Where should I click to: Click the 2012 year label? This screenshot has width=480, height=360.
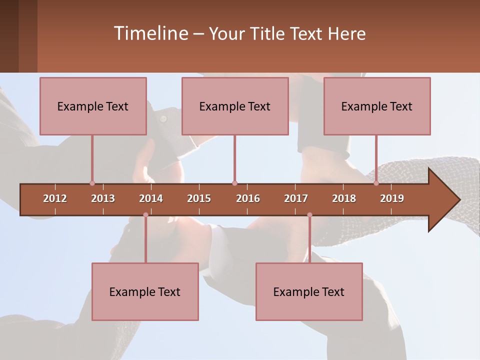coord(55,198)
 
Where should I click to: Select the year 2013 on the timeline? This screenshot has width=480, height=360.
coord(103,198)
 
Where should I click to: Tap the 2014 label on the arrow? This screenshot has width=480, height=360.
coord(151,198)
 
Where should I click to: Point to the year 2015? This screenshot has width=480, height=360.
coord(199,198)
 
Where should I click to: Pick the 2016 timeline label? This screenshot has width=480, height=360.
coord(248,198)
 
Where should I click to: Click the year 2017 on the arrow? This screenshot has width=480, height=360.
coord(296,198)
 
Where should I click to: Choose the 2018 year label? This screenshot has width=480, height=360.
coord(344,198)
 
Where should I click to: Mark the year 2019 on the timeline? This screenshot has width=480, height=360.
coord(392,198)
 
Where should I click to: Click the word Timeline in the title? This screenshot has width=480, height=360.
coord(150,33)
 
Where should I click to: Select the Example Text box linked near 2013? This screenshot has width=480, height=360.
coord(93,106)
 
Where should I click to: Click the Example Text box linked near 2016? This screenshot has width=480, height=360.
coord(235,106)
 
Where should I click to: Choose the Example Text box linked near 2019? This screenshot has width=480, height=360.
coord(377,106)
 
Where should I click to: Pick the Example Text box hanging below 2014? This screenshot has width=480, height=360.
coord(145,291)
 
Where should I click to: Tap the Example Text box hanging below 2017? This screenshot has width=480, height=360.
coord(309,291)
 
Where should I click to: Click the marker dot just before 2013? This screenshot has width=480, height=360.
coord(92,183)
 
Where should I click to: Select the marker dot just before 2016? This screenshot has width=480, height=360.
coord(234,183)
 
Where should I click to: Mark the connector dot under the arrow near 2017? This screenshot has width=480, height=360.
coord(309,215)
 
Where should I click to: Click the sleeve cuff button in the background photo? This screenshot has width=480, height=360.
coord(163,118)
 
